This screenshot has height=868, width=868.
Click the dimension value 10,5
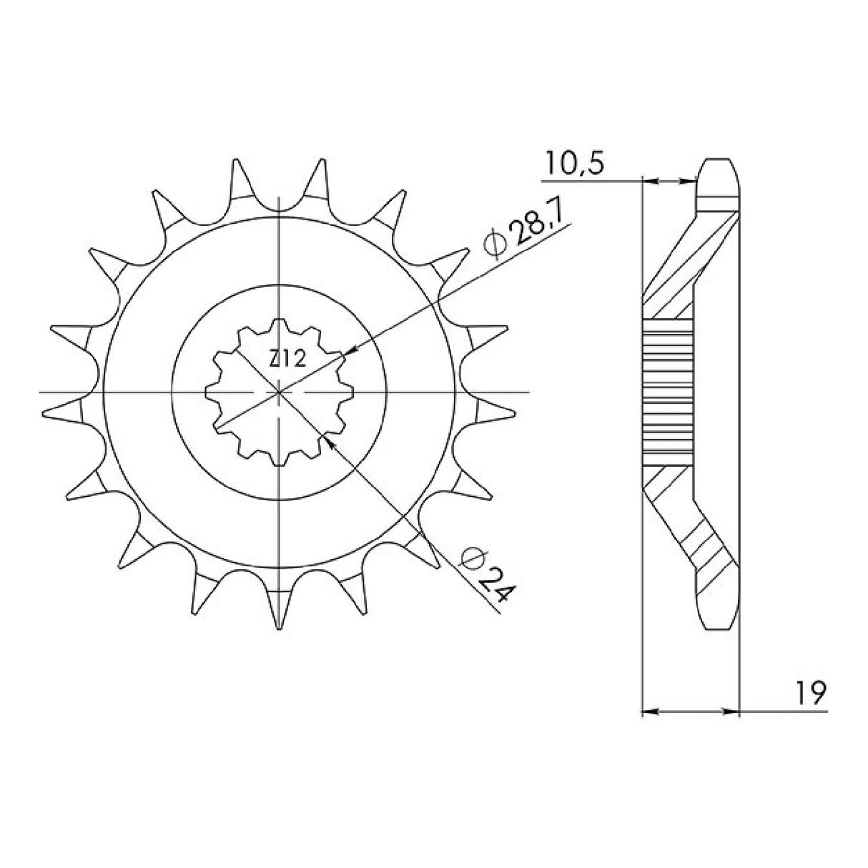point(574,164)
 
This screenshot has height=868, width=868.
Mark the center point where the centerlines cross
point(279,392)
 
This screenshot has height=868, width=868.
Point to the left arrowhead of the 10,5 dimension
point(649,182)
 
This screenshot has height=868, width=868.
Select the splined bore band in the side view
point(669,392)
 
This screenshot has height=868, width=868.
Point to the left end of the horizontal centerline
point(41,392)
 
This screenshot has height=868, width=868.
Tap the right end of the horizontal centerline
point(528,392)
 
